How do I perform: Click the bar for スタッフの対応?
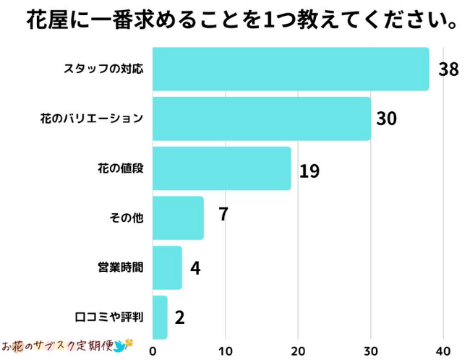(291, 69)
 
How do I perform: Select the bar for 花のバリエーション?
(262, 119)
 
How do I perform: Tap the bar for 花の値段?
(222, 168)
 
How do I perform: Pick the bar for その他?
(179, 218)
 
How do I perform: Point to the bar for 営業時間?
(168, 267)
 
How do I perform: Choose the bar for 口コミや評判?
(161, 317)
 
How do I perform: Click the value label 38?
(448, 69)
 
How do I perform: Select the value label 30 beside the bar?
(387, 119)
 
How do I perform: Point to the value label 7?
(223, 215)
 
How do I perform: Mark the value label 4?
(195, 268)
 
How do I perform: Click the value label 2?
(180, 317)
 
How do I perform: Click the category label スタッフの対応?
(104, 69)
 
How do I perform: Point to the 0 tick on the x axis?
(153, 351)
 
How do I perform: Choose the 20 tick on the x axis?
(298, 351)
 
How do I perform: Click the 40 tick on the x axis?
(443, 351)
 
